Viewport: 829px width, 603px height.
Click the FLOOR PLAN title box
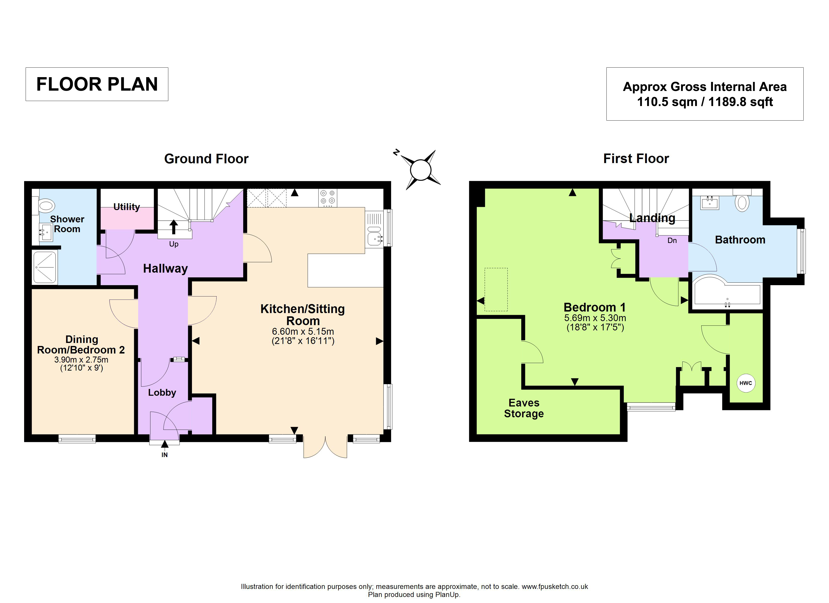[x=97, y=84]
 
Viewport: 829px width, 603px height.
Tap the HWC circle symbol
[x=746, y=383]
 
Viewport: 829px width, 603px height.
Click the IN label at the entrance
[x=165, y=455]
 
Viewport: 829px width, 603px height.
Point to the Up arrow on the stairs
[x=174, y=227]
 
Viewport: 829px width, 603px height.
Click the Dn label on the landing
[x=672, y=240]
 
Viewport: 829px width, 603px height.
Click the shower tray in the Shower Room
[x=45, y=267]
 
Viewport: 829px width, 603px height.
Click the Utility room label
[x=126, y=207]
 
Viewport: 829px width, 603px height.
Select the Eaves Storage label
[x=524, y=408]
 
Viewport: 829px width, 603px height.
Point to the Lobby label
[x=162, y=393]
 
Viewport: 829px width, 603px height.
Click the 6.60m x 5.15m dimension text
[x=303, y=332]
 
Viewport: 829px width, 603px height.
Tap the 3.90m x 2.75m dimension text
[x=81, y=360]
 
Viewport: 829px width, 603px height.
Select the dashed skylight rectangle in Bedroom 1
[x=496, y=290]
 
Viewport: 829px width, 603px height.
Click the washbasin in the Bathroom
[x=709, y=203]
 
